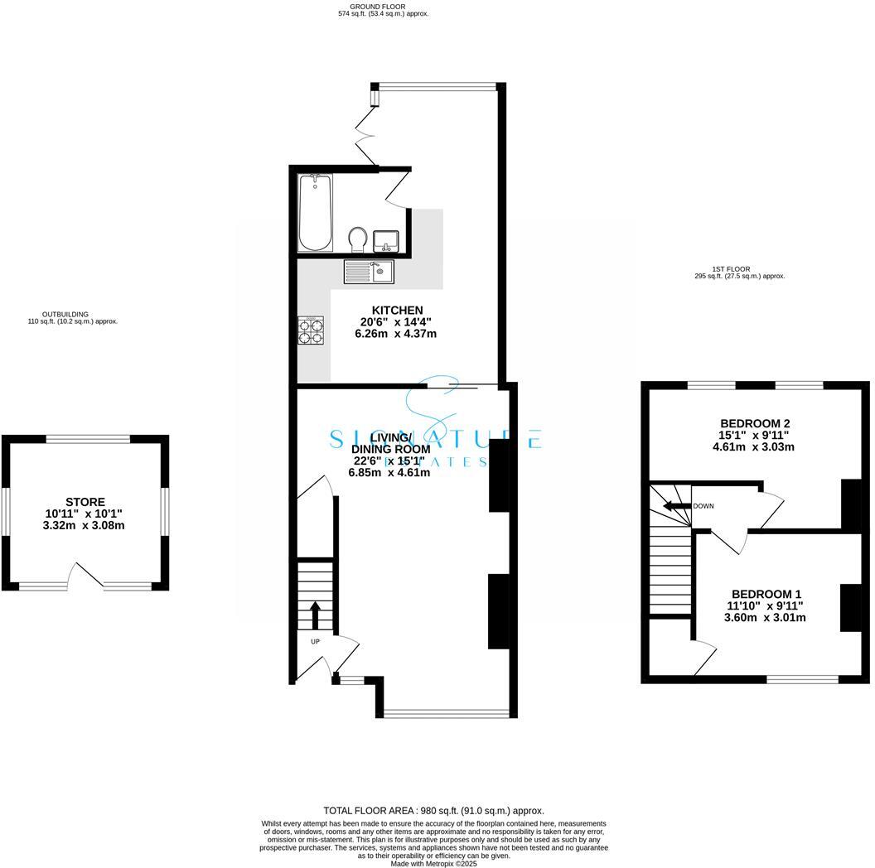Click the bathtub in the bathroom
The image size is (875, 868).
point(315,213)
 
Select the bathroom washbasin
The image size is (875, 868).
point(386,241)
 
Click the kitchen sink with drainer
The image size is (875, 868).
point(370,270)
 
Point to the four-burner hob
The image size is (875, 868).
point(312,331)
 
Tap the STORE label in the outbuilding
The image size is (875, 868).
point(85,502)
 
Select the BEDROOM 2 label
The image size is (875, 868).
point(754,423)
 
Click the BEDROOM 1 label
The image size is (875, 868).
point(766,594)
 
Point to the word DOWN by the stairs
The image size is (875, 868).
point(703,506)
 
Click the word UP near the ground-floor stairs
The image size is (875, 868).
point(315,642)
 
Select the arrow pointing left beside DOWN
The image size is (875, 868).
point(679,506)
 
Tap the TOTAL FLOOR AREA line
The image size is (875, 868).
point(433,811)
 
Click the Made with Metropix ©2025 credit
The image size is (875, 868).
point(433,863)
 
